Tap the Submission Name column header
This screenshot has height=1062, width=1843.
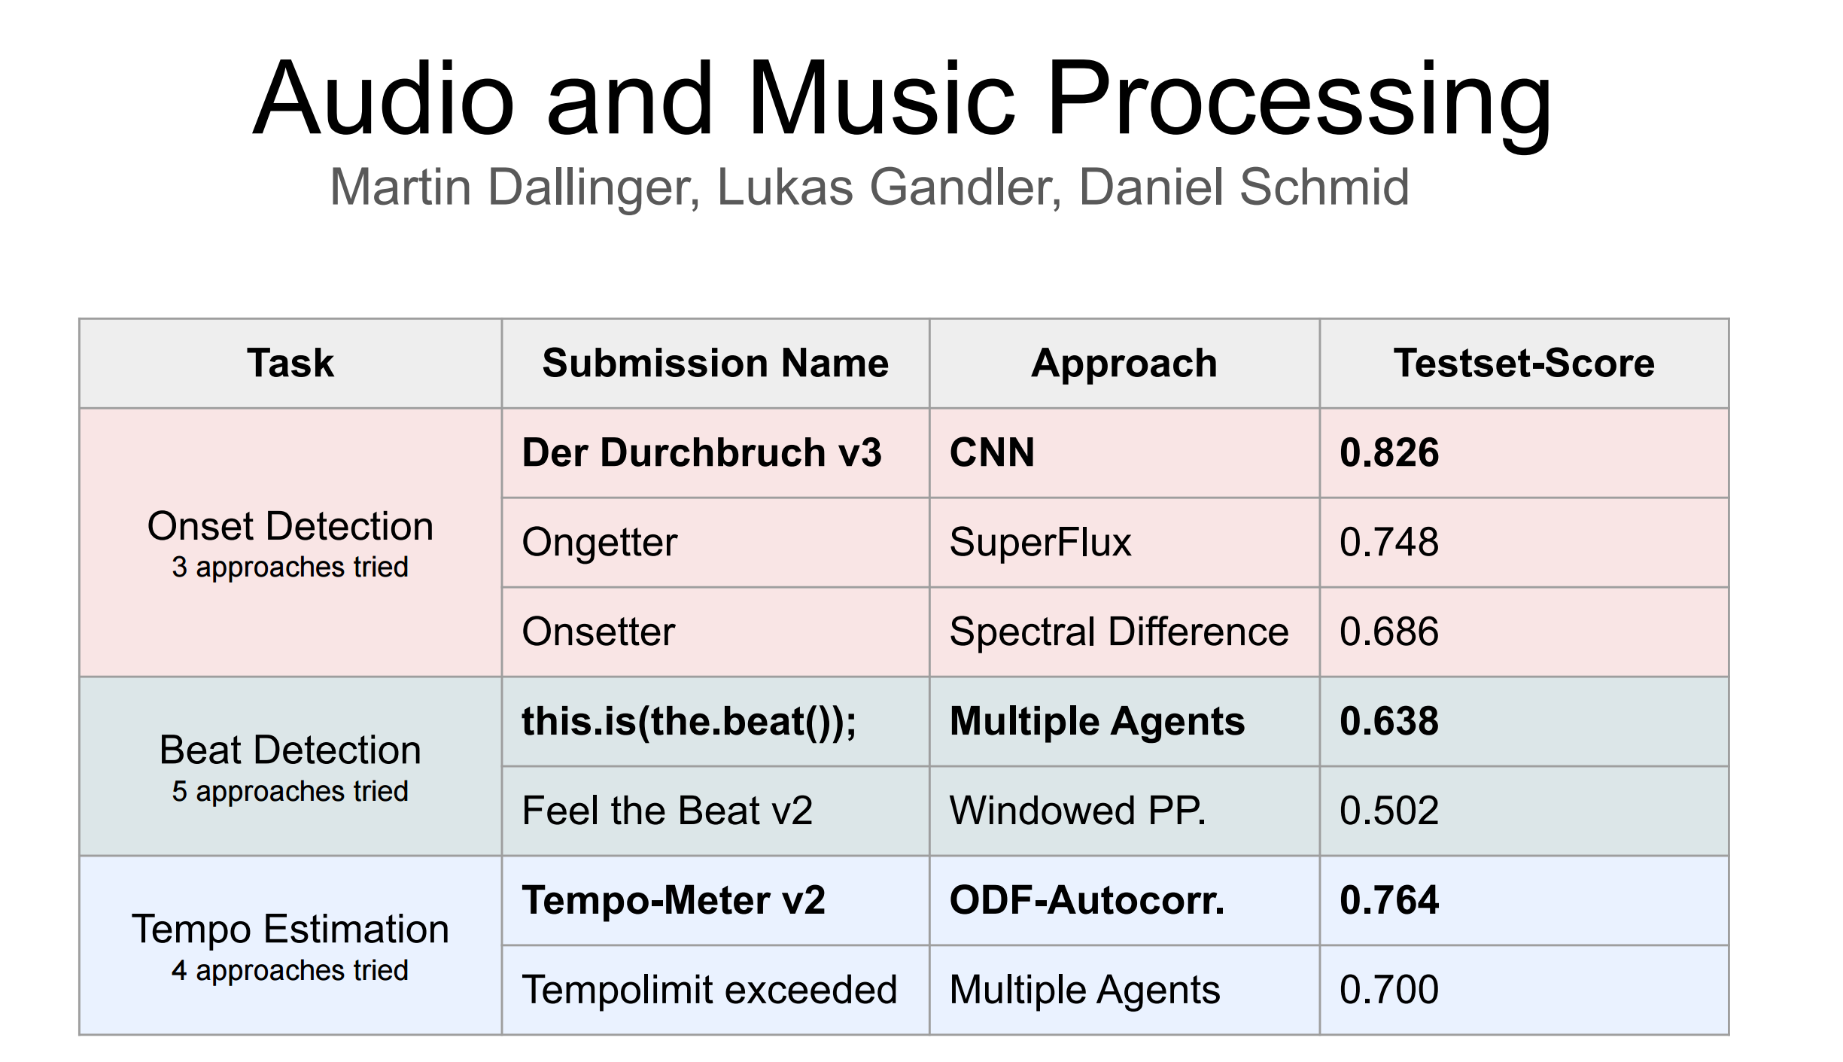715,364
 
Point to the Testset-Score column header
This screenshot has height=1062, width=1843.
1524,364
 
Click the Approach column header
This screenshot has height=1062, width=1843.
1124,364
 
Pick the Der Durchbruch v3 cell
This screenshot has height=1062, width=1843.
701,453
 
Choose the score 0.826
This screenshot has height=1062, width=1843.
1388,453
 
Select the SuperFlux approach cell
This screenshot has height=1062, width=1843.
1040,543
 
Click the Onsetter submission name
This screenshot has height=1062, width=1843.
598,632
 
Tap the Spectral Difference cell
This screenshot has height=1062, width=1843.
1118,632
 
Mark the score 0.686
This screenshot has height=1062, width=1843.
1388,632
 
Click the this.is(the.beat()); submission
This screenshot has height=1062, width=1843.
689,722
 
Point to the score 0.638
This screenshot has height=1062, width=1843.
1388,722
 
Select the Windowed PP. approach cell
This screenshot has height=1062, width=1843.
1077,811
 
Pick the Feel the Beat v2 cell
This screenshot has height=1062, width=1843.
667,811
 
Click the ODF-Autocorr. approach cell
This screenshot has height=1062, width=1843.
1087,901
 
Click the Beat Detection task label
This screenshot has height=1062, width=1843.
290,750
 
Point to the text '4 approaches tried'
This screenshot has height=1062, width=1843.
290,971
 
